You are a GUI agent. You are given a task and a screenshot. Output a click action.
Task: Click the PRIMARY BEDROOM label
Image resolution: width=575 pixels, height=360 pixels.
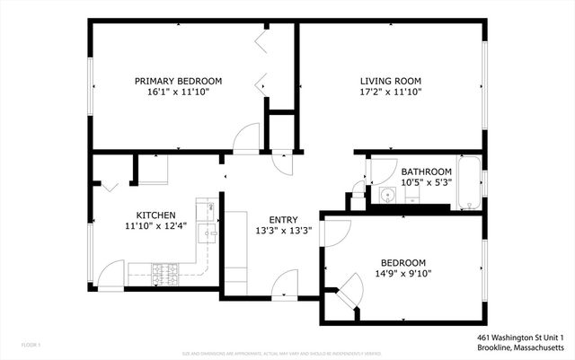click(x=178, y=81)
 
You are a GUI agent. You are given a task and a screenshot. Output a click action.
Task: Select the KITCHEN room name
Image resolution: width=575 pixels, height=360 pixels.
click(x=155, y=215)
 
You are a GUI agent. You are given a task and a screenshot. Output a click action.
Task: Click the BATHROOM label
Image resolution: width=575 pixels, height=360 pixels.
click(x=426, y=171)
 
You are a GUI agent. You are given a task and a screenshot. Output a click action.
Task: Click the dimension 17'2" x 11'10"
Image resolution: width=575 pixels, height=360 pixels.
click(x=385, y=92)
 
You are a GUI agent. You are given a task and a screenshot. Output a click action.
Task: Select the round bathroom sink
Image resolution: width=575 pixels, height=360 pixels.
click(x=388, y=195)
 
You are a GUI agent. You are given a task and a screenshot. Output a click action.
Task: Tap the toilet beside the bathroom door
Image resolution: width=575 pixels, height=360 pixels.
click(x=358, y=190)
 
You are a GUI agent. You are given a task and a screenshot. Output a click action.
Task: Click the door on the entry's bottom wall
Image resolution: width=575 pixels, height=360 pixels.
click(x=286, y=282)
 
